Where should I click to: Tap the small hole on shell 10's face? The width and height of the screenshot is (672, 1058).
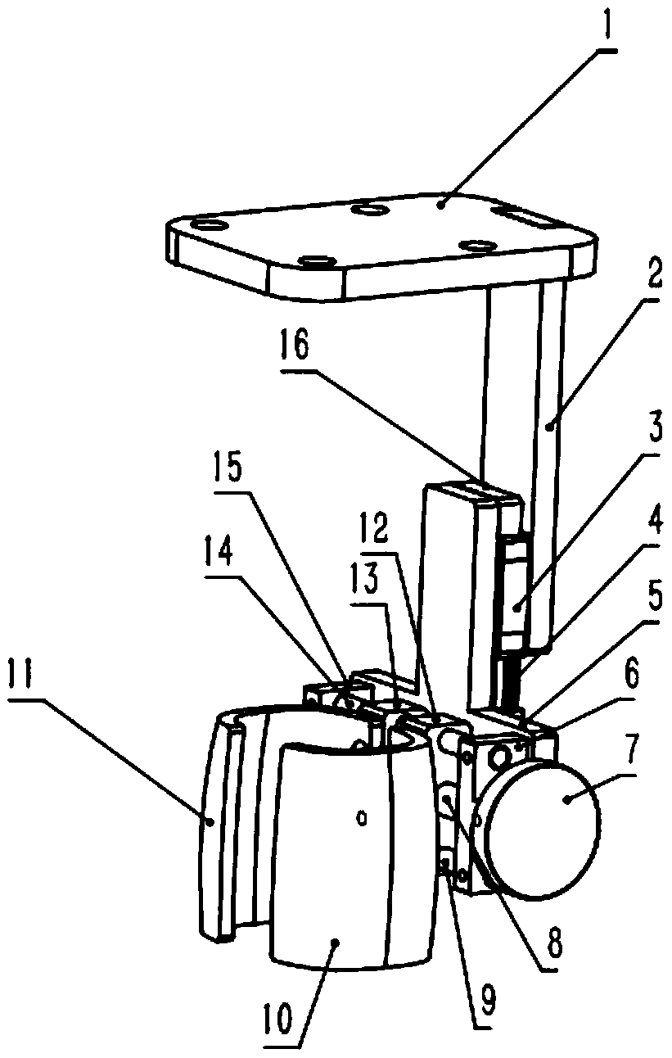pos(361,816)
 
